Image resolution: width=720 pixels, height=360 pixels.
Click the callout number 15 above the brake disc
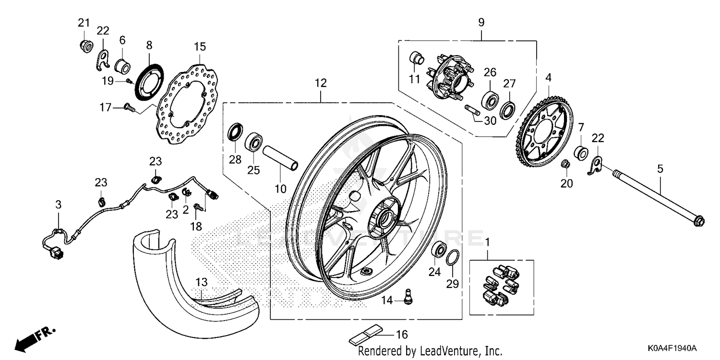tap(200, 47)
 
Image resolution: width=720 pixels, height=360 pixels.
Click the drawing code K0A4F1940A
tap(677, 348)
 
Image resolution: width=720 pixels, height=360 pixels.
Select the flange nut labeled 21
tap(85, 46)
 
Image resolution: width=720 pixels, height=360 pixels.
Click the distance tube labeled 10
tap(280, 158)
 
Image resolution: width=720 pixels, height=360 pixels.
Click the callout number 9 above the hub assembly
tap(481, 22)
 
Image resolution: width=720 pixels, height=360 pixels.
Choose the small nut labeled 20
tap(566, 164)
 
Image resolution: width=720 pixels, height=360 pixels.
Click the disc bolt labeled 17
tap(128, 108)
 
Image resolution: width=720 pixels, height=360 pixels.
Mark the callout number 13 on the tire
tap(201, 281)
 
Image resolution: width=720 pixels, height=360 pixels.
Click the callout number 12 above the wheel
tap(321, 83)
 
